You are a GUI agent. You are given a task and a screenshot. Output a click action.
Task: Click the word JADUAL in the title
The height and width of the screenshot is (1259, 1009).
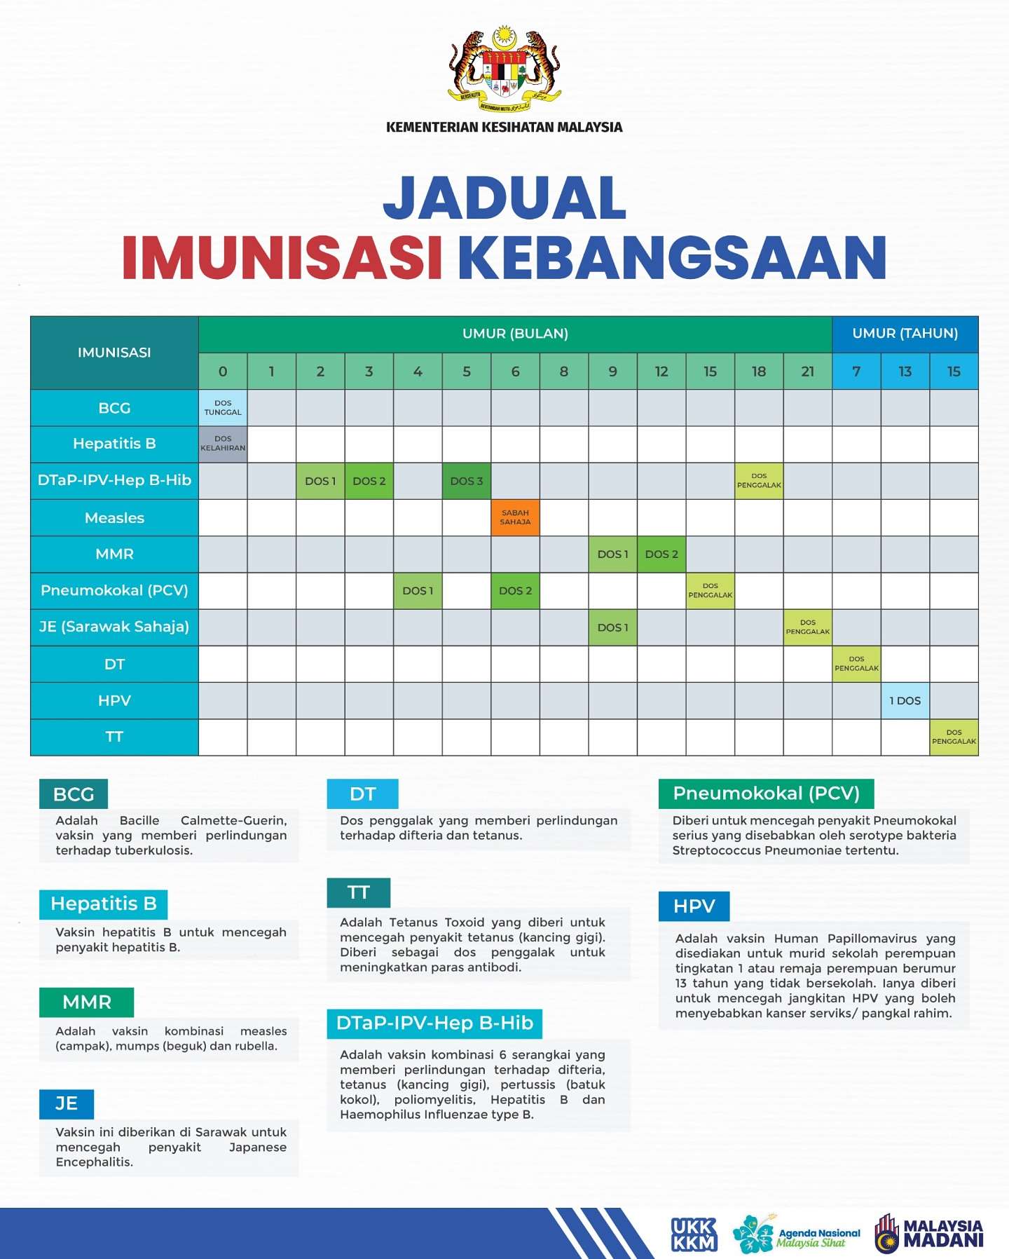(504, 198)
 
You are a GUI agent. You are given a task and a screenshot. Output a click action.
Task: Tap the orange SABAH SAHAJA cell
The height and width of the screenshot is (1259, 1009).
(515, 517)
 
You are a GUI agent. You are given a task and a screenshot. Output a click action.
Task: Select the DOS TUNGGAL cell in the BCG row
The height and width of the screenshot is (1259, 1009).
(223, 408)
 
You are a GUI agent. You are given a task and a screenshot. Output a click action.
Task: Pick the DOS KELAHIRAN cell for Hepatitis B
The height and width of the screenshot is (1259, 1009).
(223, 444)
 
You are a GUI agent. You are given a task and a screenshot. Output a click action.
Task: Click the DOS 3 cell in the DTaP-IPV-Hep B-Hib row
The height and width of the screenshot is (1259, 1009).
(467, 481)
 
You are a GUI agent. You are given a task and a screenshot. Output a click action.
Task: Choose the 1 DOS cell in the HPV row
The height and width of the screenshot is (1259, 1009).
(905, 700)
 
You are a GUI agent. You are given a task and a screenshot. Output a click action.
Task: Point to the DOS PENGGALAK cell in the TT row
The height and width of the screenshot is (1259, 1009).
(954, 737)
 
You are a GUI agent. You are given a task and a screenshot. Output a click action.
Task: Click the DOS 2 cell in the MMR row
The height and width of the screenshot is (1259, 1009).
(661, 554)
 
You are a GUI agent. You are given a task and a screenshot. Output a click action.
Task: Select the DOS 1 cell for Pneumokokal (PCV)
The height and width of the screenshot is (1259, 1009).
(418, 591)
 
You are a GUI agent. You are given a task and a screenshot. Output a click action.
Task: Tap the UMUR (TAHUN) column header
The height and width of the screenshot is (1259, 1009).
(905, 334)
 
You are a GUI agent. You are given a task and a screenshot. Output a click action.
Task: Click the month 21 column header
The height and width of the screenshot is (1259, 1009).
(808, 372)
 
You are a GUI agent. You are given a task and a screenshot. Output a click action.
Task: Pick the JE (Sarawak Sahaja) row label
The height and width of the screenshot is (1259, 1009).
(114, 627)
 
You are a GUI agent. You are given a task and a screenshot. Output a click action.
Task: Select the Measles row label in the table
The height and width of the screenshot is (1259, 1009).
(114, 518)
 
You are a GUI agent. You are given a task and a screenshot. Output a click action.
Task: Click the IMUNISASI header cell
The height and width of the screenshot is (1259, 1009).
(114, 353)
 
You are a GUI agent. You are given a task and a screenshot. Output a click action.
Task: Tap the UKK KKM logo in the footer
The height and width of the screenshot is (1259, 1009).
(694, 1234)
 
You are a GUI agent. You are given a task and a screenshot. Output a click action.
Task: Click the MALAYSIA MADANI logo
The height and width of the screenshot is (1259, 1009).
(930, 1234)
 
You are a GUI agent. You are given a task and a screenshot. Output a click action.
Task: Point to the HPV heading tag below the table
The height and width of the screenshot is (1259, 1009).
(694, 906)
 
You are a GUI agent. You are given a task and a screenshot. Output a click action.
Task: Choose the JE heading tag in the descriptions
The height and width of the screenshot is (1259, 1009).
(67, 1104)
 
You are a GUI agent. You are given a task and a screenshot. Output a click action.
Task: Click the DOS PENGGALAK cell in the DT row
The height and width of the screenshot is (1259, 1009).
(856, 664)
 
